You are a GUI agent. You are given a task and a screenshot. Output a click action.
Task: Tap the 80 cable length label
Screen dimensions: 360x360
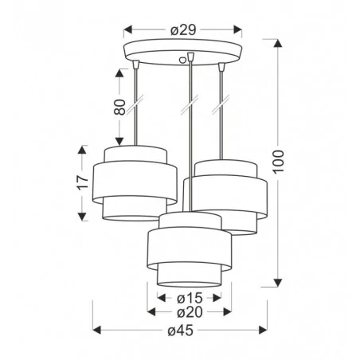click(120, 108)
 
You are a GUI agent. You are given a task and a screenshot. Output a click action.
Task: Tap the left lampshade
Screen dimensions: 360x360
click(131, 183)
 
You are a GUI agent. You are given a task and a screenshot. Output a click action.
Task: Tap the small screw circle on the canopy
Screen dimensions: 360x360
click(190, 57)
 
